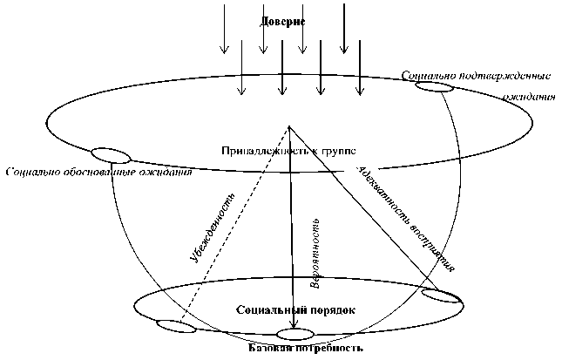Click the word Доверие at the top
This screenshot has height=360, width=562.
(281, 20)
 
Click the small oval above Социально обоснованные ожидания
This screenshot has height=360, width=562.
(111, 156)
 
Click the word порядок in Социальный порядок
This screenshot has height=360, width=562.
(335, 310)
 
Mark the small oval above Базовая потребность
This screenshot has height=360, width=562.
(294, 334)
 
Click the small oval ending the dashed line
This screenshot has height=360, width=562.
(176, 327)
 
